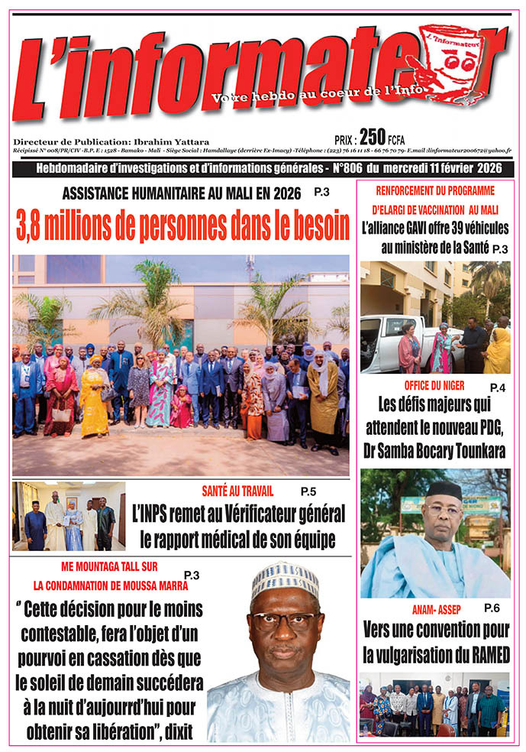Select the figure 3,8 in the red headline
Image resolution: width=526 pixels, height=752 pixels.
pos(36,226)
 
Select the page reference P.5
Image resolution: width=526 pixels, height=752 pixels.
pos(308,491)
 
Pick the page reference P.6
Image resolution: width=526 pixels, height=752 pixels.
pos(492,608)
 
